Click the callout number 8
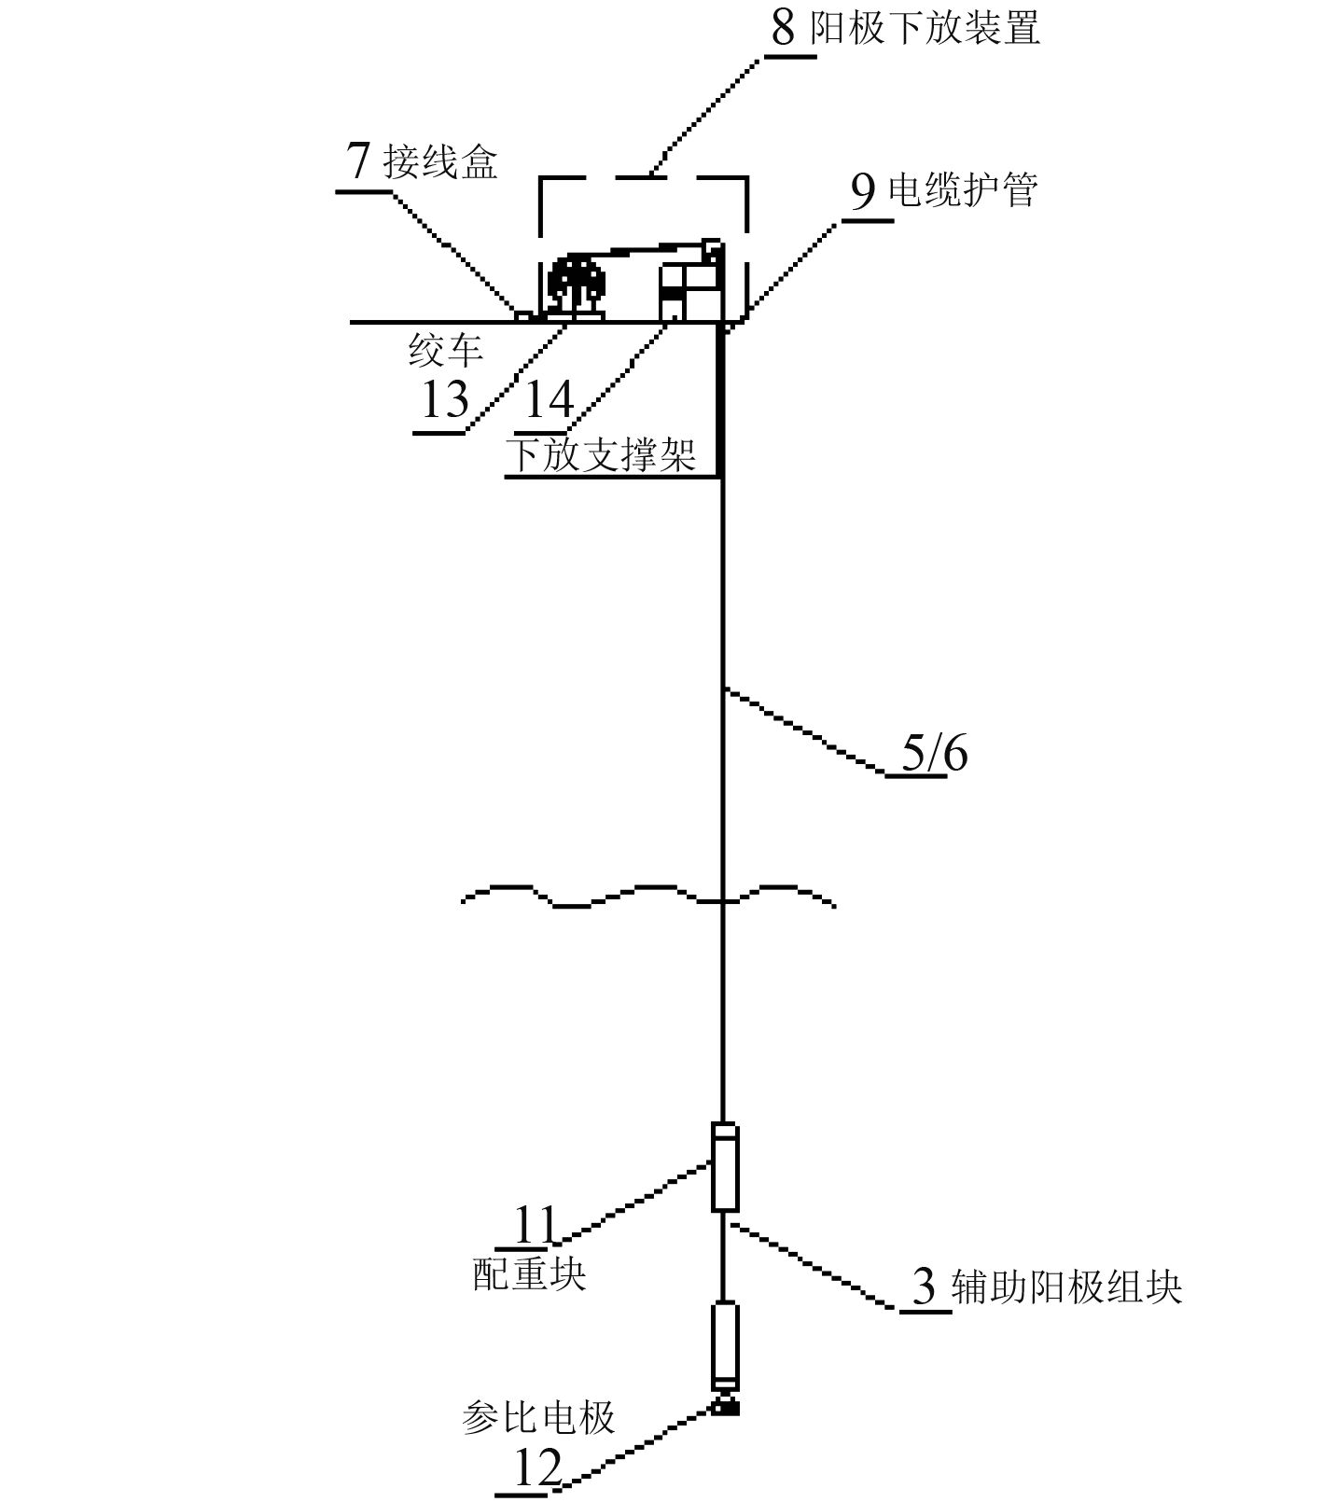pyautogui.click(x=784, y=28)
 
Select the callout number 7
pyautogui.click(x=359, y=162)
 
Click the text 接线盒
pyautogui.click(x=440, y=163)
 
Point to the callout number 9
pyautogui.click(x=864, y=192)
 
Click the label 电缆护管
pyautogui.click(x=963, y=191)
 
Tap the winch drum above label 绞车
pyautogui.click(x=576, y=280)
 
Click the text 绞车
pyautogui.click(x=446, y=352)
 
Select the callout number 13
pyautogui.click(x=445, y=401)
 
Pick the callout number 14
pyautogui.click(x=549, y=400)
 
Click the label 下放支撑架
pyautogui.click(x=602, y=456)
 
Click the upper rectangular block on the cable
pyautogui.click(x=725, y=1167)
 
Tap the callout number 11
pyautogui.click(x=535, y=1225)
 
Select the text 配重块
pyautogui.click(x=529, y=1273)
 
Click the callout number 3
pyautogui.click(x=923, y=1288)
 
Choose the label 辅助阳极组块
pyautogui.click(x=1066, y=1288)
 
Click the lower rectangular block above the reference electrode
pyautogui.click(x=725, y=1343)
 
